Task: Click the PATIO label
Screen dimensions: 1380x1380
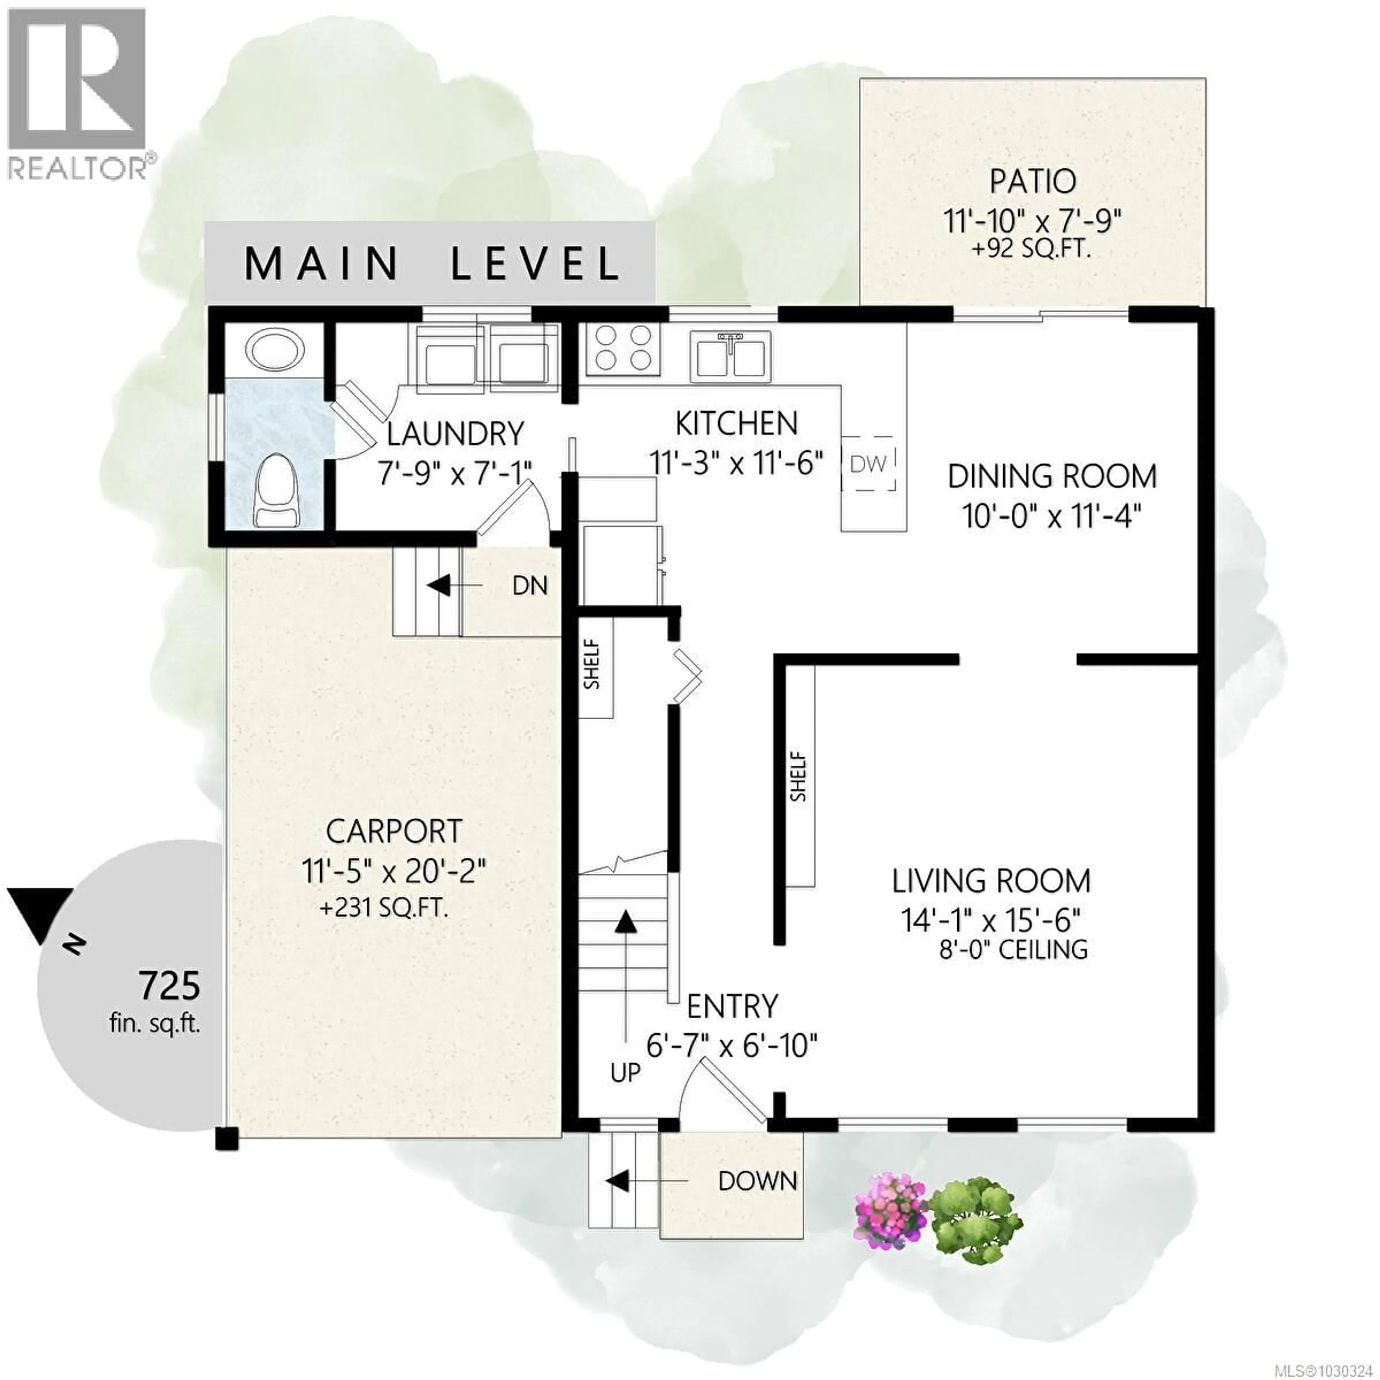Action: tap(1032, 181)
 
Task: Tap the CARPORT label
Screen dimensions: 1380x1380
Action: tap(394, 832)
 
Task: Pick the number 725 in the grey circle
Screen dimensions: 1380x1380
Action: tap(169, 986)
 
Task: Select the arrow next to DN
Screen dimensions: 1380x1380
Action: tap(438, 586)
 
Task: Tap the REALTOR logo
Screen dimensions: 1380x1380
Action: tap(77, 93)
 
